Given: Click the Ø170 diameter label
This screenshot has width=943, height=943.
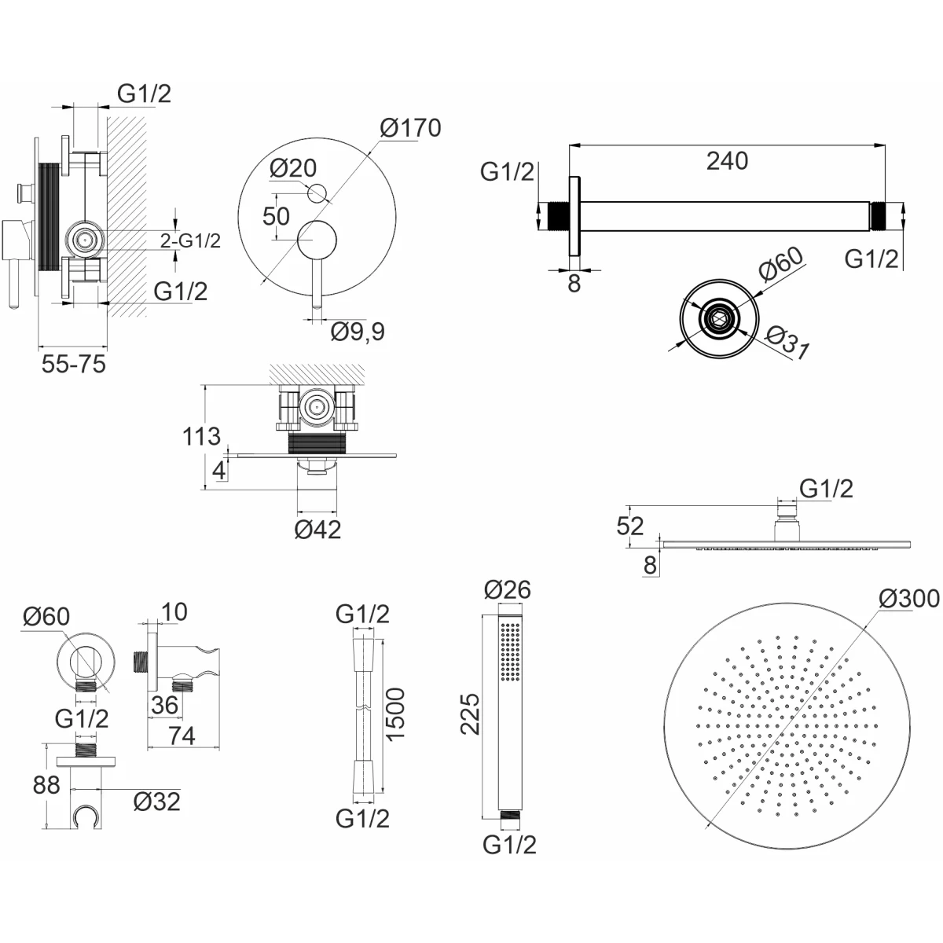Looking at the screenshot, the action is [410, 128].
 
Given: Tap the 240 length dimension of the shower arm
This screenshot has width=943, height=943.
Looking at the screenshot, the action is [727, 160].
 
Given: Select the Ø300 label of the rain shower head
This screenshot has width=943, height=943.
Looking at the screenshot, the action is [909, 598].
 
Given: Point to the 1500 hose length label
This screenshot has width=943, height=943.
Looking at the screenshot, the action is [395, 714].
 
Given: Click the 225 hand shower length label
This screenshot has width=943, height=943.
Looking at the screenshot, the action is [470, 714].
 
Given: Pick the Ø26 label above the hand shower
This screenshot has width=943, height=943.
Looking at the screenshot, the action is [508, 589].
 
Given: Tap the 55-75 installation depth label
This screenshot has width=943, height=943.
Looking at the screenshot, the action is [73, 364].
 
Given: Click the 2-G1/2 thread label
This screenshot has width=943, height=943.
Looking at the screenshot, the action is [190, 240].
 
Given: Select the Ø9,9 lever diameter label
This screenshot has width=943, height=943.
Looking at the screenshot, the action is [358, 332].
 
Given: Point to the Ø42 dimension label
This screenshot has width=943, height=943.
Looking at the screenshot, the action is [317, 529].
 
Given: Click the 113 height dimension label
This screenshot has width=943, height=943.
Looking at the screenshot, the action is [202, 436].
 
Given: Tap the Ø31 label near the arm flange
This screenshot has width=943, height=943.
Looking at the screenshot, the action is [787, 343].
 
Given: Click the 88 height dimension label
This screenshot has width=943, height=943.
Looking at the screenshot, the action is [46, 785].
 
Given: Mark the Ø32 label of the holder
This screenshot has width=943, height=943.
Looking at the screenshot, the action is [156, 802].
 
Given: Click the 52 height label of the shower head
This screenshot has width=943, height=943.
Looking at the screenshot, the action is [629, 526].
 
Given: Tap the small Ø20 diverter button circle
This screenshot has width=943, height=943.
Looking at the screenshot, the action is [317, 193].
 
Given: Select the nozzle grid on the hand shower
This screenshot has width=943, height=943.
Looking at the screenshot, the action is [511, 651].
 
